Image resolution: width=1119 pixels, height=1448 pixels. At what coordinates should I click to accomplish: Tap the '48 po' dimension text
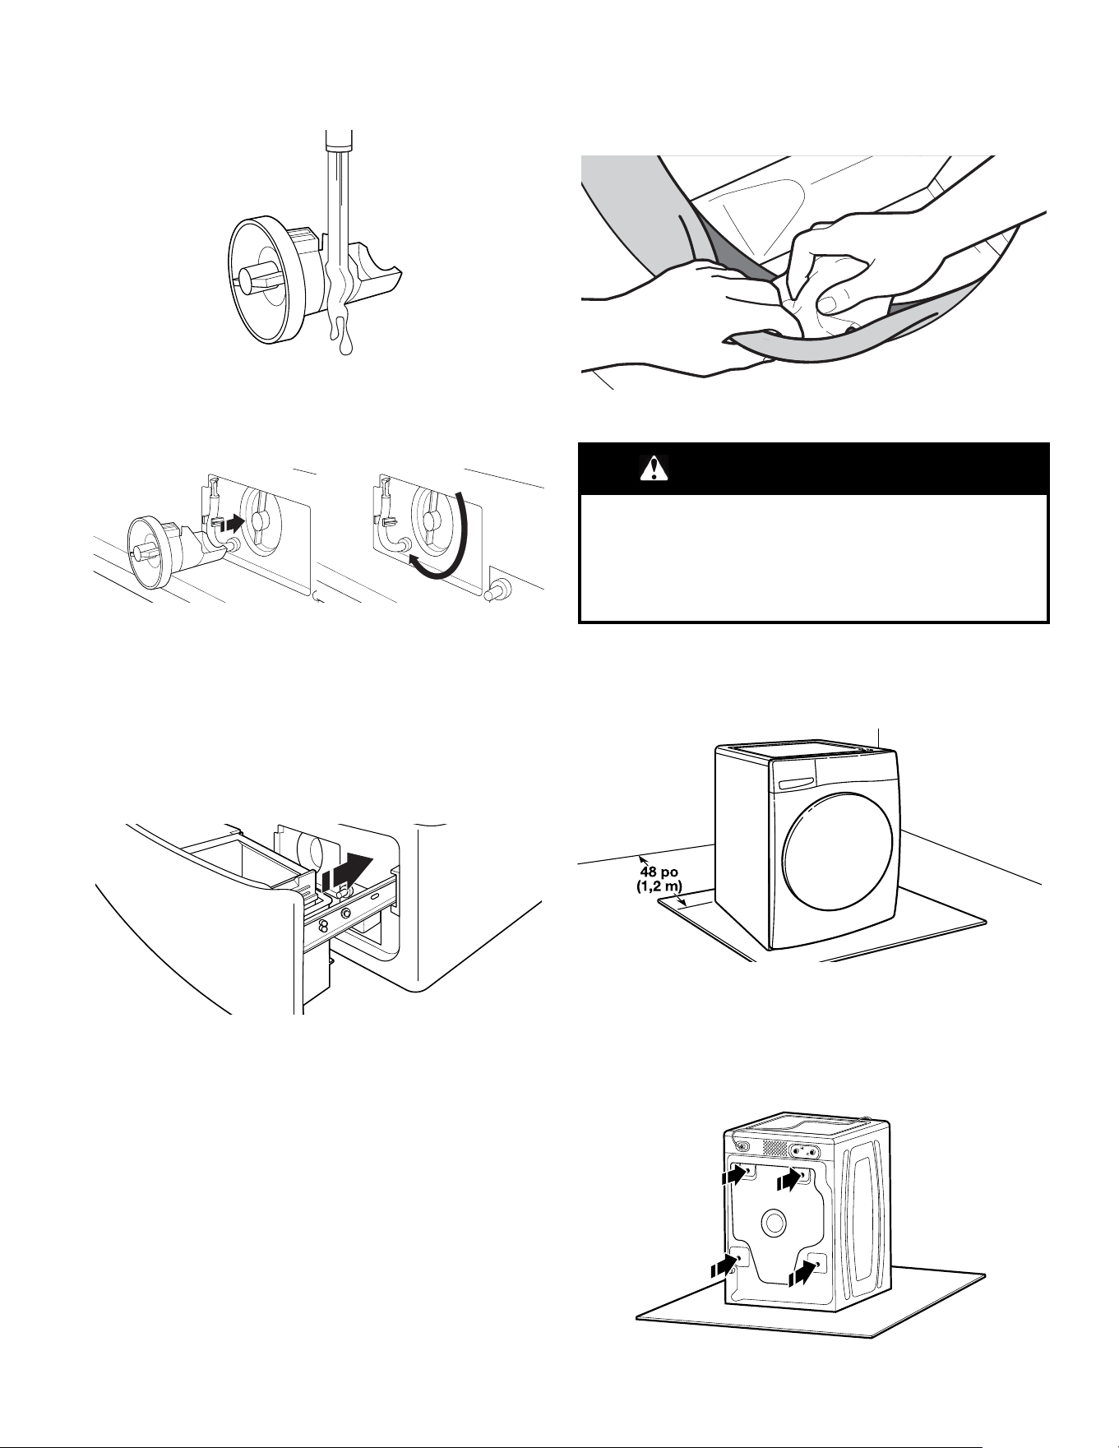[659, 872]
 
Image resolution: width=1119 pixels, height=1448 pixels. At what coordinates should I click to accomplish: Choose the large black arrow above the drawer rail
[350, 872]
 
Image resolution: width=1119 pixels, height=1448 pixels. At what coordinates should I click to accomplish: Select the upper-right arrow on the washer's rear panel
[791, 1180]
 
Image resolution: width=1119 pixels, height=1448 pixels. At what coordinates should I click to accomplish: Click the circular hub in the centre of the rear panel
[773, 1223]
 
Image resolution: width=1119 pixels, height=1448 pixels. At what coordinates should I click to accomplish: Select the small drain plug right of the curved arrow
[498, 590]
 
